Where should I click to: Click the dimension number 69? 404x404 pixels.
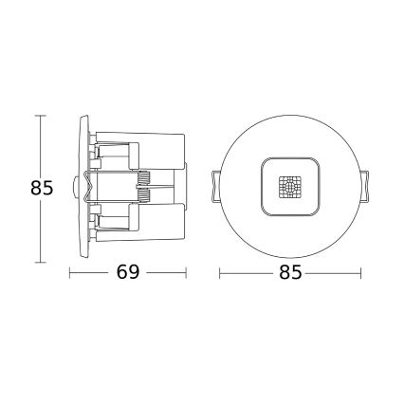pyautogui.click(x=129, y=272)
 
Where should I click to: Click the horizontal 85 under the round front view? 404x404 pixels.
pyautogui.click(x=291, y=272)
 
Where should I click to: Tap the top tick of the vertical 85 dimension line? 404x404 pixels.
pyautogui.click(x=39, y=115)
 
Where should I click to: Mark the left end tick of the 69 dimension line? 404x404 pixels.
pyautogui.click(x=71, y=272)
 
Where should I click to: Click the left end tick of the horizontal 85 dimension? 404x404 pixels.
pyautogui.click(x=220, y=272)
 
